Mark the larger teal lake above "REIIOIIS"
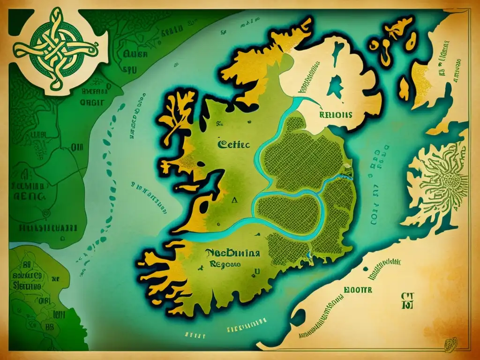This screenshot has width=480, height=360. click(335, 87)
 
